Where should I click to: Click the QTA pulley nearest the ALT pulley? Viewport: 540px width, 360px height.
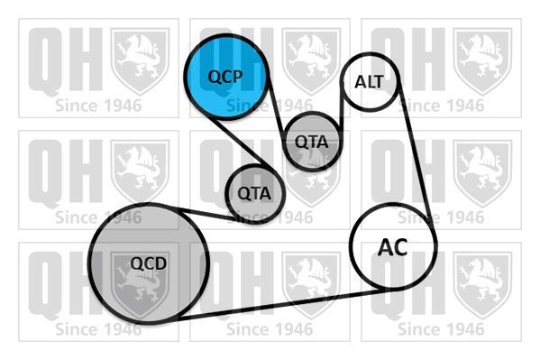coord(312,141)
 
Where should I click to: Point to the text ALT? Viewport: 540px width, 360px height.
coord(368,81)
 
